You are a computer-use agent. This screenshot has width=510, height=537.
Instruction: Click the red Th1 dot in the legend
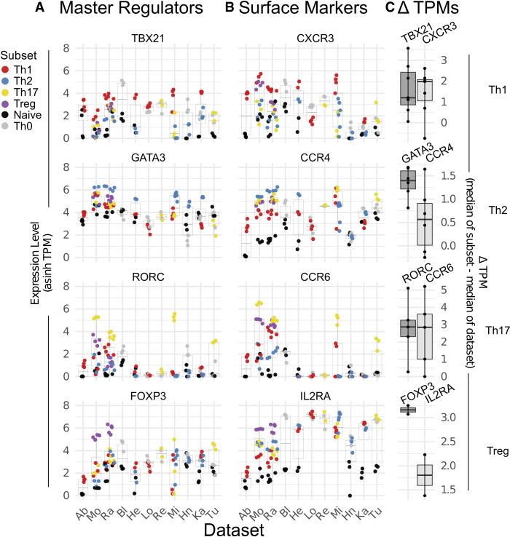point(7,68)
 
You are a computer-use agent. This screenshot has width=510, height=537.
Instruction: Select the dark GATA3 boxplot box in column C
point(408,180)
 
